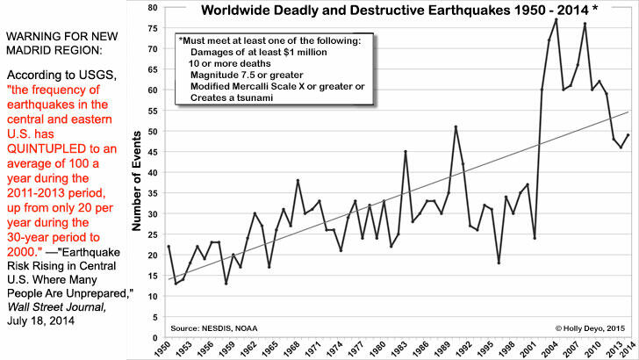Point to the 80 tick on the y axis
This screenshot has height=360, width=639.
152,7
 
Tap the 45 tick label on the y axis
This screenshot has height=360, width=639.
152,152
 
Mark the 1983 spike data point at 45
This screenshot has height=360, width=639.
405,151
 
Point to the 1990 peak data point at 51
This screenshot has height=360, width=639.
456,126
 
